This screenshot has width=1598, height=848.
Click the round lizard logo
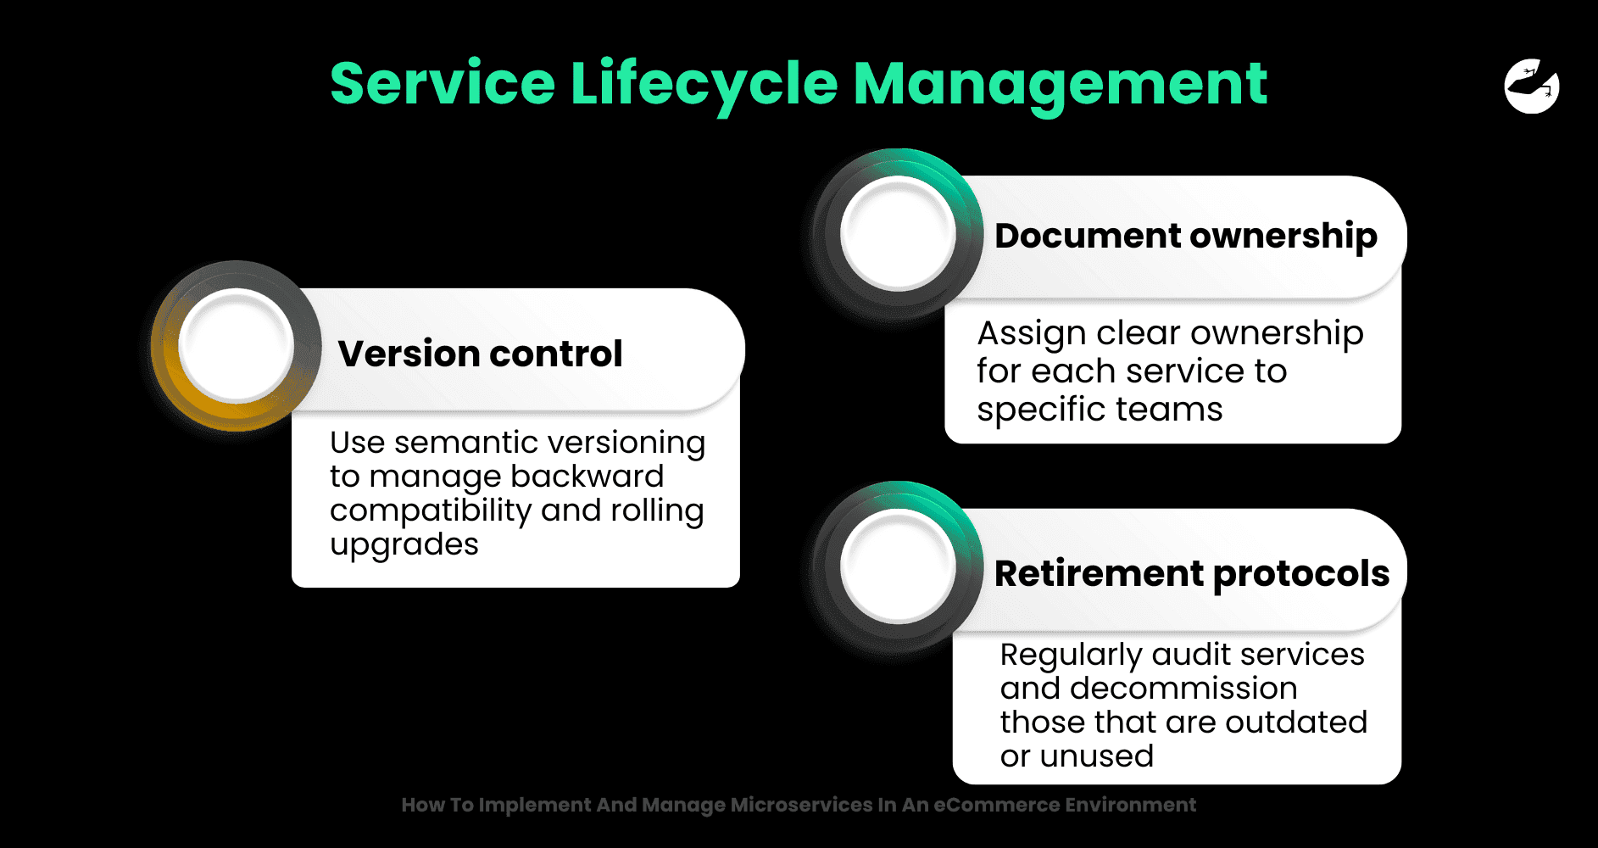tap(1532, 86)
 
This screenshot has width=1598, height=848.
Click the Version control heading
tap(480, 353)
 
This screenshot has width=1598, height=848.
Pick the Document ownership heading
tap(1186, 237)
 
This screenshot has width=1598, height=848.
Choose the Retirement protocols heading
tap(1192, 574)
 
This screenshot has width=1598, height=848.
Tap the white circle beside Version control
tap(237, 345)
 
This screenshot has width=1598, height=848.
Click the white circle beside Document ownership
tap(898, 233)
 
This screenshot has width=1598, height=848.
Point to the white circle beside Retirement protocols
tap(898, 566)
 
